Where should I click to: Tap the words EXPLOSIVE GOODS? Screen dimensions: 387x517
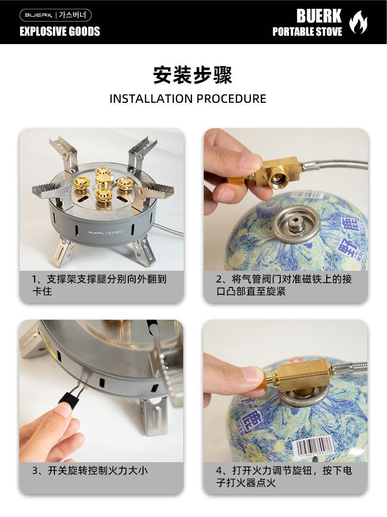tap(60, 31)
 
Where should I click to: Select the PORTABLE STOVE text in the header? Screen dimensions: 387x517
tap(307, 32)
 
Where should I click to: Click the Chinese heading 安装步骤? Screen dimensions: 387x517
tap(193, 75)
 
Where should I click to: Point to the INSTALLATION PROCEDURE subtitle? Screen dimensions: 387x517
tap(188, 98)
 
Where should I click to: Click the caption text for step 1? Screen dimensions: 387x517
tap(99, 285)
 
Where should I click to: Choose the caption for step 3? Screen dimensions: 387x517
tap(90, 470)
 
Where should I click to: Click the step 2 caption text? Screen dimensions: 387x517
tap(284, 285)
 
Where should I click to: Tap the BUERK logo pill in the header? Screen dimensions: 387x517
tap(55, 15)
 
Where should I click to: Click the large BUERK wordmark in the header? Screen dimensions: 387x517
tap(319, 16)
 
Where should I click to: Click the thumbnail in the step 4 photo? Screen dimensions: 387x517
tap(255, 374)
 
